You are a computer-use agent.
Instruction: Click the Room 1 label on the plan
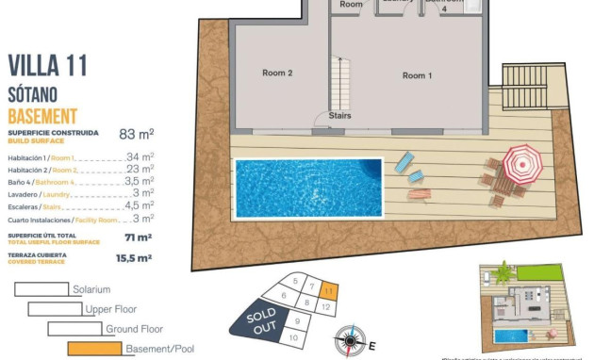[417, 75]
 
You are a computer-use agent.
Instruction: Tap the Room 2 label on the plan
[277, 73]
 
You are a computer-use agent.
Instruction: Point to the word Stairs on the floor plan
[340, 117]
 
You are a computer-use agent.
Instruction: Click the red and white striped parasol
[520, 163]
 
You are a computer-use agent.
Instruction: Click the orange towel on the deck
[421, 195]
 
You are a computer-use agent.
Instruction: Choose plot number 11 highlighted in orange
[328, 291]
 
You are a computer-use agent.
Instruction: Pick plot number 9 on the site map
[297, 320]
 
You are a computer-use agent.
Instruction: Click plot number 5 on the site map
[295, 281]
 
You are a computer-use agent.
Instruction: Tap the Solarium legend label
[91, 289]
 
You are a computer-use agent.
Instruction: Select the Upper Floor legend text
[112, 309]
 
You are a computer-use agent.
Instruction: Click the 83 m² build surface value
[137, 134]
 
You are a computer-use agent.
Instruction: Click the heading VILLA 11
[47, 65]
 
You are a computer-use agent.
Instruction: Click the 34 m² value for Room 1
[140, 156]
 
